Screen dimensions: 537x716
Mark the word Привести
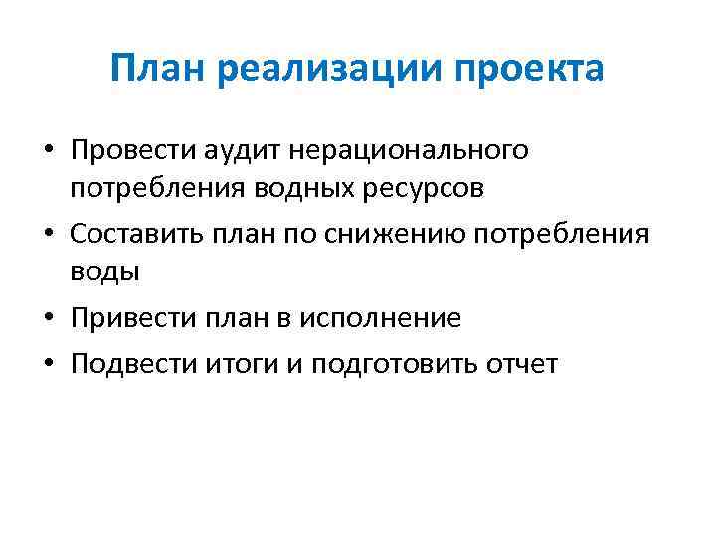click(126, 318)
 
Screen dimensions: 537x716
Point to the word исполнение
click(387, 318)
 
